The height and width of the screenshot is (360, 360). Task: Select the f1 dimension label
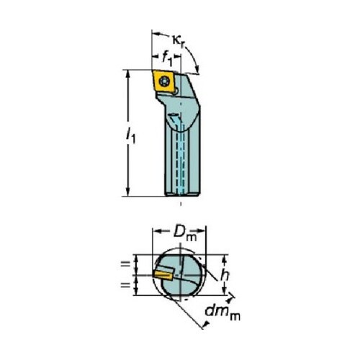point(167,59)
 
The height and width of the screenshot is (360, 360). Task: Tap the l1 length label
point(131,135)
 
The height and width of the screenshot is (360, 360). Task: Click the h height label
point(225,275)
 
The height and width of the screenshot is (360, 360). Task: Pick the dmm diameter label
point(222,313)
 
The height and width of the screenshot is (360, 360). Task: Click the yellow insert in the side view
point(163,81)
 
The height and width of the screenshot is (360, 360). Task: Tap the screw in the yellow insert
point(165,81)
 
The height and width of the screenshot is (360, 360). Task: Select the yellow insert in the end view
point(163,275)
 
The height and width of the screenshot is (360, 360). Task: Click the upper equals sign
point(125,264)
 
